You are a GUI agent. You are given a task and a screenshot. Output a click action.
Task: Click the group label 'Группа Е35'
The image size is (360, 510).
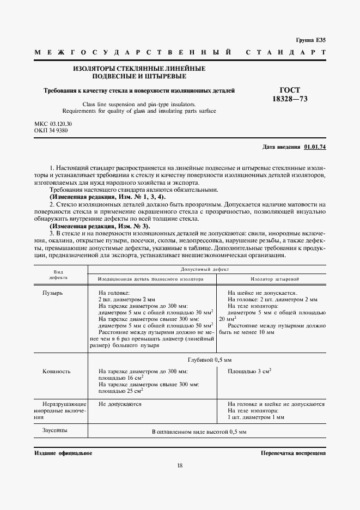pyautogui.click(x=310, y=40)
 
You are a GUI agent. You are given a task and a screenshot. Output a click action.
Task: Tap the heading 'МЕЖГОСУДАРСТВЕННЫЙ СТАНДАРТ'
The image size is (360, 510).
pyautogui.click(x=180, y=53)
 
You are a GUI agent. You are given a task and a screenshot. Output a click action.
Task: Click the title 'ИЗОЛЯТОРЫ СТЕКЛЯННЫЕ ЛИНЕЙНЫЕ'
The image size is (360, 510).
pyautogui.click(x=139, y=69)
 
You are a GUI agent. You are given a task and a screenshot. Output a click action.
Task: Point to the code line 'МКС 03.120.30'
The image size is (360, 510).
pyautogui.click(x=53, y=124)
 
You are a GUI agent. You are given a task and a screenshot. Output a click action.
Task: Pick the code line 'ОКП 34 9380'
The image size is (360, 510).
pyautogui.click(x=51, y=131)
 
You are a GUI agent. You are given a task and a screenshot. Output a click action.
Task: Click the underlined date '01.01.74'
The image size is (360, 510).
pyautogui.click(x=315, y=147)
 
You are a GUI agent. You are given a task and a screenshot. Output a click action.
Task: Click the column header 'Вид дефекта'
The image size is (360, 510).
pyautogui.click(x=60, y=274)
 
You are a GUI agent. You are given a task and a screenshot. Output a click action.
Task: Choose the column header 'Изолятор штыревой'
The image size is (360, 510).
pyautogui.click(x=272, y=278)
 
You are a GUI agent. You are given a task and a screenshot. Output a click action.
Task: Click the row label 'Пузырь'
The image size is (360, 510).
pyautogui.click(x=53, y=293)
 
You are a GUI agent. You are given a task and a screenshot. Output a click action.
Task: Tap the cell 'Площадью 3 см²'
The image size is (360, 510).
pyautogui.click(x=249, y=371)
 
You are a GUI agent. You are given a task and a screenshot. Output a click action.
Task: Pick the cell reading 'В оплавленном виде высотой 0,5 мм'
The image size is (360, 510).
pyautogui.click(x=199, y=432)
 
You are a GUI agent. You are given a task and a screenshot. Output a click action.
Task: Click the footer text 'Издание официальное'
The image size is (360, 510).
pyautogui.click(x=63, y=453)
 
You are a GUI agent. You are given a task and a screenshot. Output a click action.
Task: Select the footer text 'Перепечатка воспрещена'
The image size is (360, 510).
pyautogui.click(x=293, y=453)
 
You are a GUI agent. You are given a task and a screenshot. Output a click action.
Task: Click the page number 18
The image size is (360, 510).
pyautogui.click(x=180, y=465)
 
